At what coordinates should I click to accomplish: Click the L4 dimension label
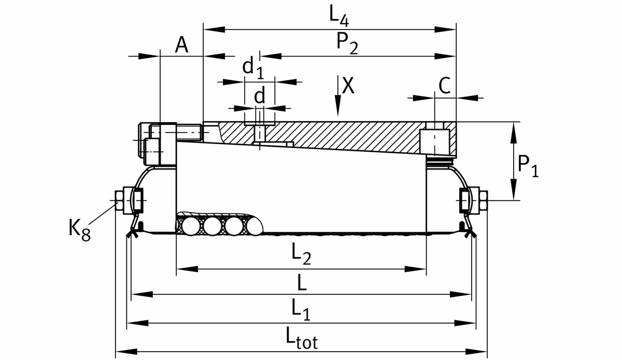pyautogui.click(x=340, y=16)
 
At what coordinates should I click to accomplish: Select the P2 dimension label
pyautogui.click(x=347, y=41)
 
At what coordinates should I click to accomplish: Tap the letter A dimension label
pyautogui.click(x=181, y=46)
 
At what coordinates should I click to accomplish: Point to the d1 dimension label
pyautogui.click(x=253, y=67)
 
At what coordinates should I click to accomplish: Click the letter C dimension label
pyautogui.click(x=444, y=86)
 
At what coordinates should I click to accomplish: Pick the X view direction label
pyautogui.click(x=349, y=86)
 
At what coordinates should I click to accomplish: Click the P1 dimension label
pyautogui.click(x=528, y=167)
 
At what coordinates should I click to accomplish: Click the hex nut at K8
pyautogui.click(x=119, y=200)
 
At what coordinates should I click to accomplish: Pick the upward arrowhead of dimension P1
pyautogui.click(x=514, y=129)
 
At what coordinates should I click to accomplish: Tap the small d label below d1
pyautogui.click(x=260, y=95)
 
